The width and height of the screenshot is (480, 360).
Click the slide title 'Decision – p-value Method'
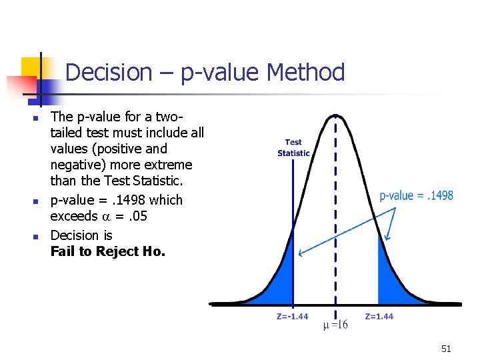click(x=205, y=72)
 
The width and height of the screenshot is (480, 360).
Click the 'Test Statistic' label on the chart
click(x=293, y=147)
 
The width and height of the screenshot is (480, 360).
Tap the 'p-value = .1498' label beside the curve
click(x=416, y=195)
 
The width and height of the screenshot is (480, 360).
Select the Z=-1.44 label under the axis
click(x=292, y=316)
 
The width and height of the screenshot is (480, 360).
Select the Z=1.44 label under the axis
click(x=379, y=316)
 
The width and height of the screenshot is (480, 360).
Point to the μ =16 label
click(x=335, y=325)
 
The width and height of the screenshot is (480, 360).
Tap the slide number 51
click(x=446, y=349)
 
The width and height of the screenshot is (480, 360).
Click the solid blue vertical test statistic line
click(x=293, y=233)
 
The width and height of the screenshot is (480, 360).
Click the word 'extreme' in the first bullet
click(x=169, y=165)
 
